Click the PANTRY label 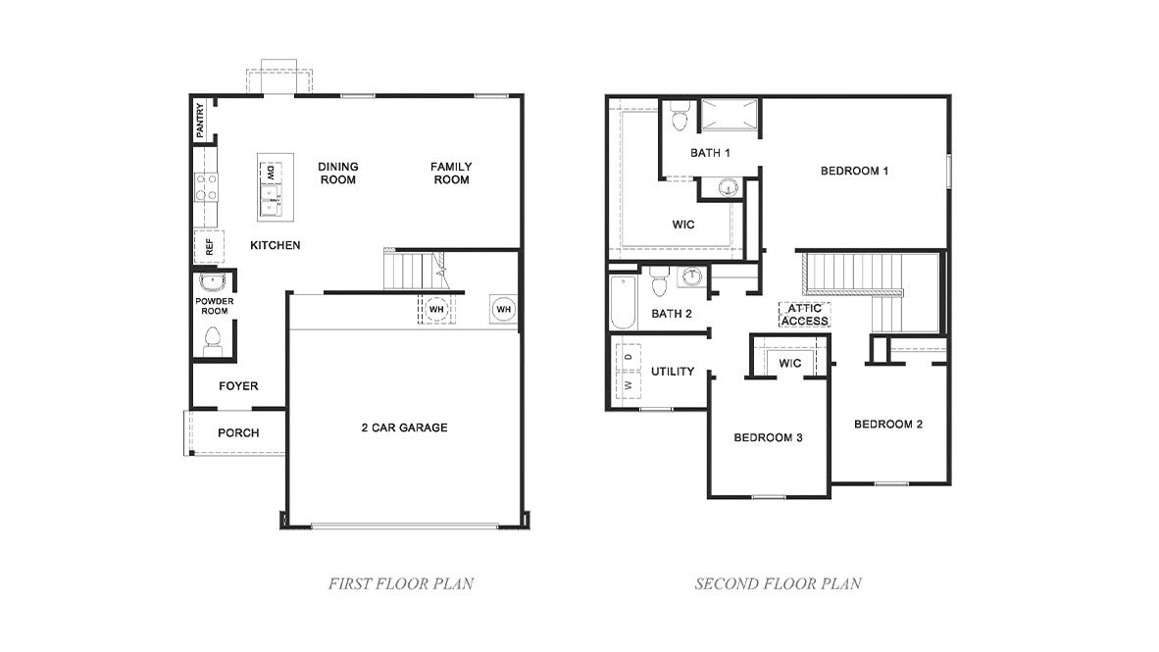201,121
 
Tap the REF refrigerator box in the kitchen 209,247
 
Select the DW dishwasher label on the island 270,173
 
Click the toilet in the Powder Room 211,340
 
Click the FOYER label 238,386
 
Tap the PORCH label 238,432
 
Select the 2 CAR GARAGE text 404,427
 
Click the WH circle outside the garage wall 504,309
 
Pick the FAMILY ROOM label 451,174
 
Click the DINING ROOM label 337,174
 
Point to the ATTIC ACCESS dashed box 805,315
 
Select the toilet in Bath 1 678,119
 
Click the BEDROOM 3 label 768,437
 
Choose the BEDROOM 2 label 887,425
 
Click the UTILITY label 673,372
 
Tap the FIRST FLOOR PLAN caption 400,584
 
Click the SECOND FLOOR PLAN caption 778,584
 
